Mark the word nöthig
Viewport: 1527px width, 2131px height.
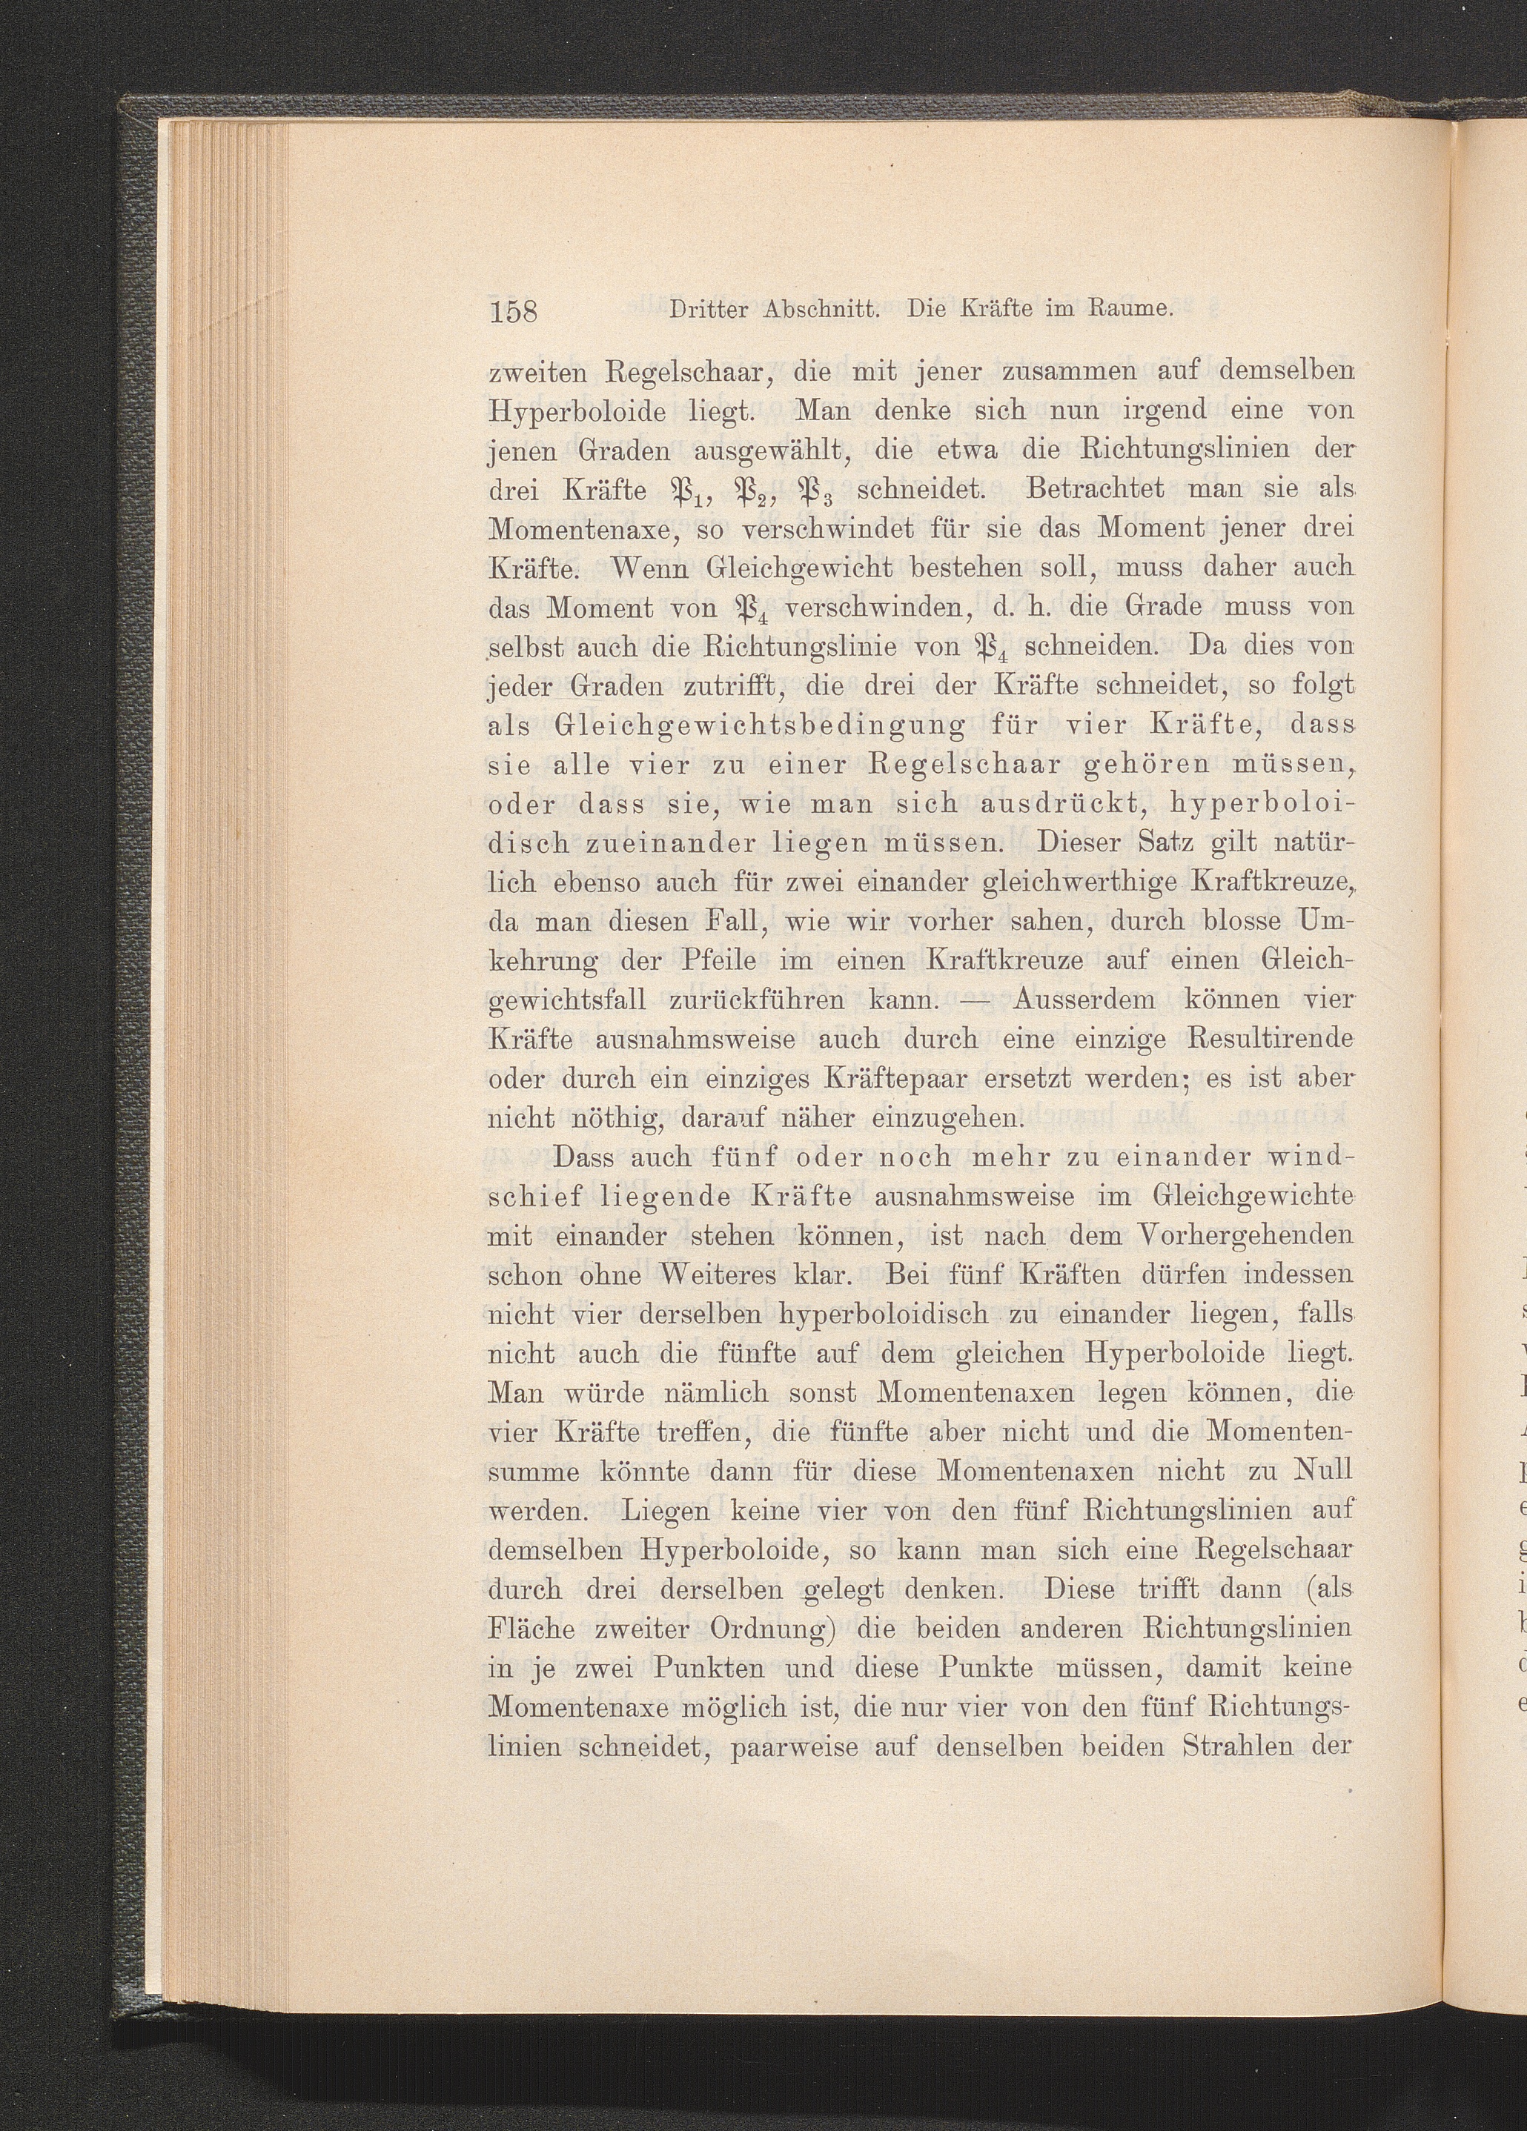click(593, 1118)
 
